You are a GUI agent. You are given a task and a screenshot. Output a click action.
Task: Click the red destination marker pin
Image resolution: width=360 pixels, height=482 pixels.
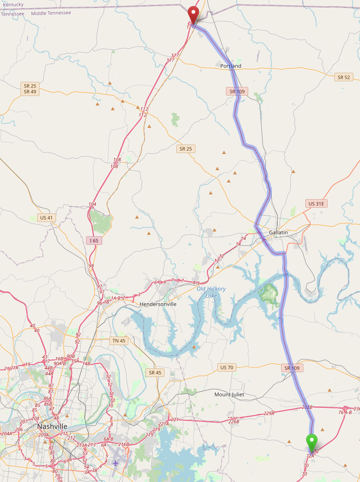click(x=193, y=13)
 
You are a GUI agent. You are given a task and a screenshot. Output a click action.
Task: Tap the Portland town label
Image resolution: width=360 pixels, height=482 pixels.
click(x=231, y=66)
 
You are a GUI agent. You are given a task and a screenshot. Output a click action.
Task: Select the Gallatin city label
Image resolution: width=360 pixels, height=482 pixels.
click(x=279, y=232)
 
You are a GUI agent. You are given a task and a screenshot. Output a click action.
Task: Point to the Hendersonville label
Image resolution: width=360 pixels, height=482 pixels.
click(x=158, y=304)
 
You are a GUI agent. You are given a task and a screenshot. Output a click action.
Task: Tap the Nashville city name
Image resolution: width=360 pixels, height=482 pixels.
click(x=52, y=426)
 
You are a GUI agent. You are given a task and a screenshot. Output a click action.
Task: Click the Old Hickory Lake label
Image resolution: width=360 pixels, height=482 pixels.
click(x=211, y=292)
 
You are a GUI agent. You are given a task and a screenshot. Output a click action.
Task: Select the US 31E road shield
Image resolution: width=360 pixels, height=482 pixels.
click(x=317, y=203)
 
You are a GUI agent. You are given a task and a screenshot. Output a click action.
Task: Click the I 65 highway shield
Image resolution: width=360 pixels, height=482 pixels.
click(x=94, y=241)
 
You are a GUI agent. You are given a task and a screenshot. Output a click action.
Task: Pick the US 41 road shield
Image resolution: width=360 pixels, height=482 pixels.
click(x=47, y=217)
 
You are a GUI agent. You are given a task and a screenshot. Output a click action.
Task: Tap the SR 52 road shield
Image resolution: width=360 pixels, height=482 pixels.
click(x=343, y=77)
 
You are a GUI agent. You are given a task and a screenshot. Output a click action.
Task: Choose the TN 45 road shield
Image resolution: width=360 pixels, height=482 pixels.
click(x=118, y=340)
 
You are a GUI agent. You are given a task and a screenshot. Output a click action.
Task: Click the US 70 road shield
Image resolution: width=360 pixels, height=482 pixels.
click(x=227, y=367)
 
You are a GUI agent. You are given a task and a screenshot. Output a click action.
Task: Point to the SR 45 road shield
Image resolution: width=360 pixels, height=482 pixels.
click(x=155, y=373)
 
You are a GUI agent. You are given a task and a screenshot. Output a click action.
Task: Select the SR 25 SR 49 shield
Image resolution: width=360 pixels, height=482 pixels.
click(x=29, y=88)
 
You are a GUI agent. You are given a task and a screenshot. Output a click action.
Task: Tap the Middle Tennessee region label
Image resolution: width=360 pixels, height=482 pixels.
click(x=51, y=13)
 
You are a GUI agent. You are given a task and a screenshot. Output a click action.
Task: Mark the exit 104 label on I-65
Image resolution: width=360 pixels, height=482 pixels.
click(x=92, y=204)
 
